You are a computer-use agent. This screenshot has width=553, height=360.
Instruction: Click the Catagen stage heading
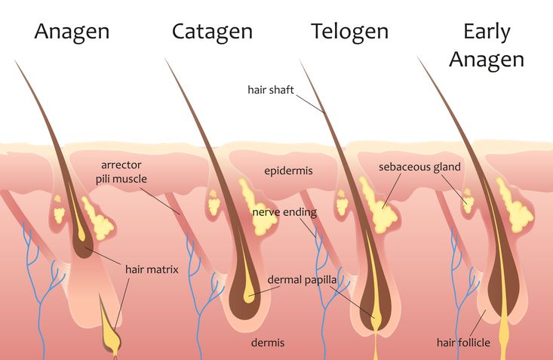(x=212, y=32)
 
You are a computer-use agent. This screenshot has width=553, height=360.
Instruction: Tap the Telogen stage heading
(x=350, y=32)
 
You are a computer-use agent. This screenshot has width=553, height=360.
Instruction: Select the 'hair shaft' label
(x=271, y=90)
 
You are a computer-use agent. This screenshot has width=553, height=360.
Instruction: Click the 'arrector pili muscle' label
(x=121, y=172)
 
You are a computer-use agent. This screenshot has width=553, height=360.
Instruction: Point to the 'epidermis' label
(x=288, y=171)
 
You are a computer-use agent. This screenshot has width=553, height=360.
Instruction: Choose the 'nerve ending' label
(x=284, y=212)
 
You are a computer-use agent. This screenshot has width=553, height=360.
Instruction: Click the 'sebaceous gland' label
(x=419, y=167)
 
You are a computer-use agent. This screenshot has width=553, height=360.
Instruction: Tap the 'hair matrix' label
(x=152, y=269)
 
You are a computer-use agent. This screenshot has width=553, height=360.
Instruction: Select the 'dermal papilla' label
(x=302, y=280)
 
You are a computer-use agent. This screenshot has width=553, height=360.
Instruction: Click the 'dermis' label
(x=268, y=343)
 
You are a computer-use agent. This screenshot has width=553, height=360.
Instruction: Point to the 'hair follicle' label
(x=463, y=343)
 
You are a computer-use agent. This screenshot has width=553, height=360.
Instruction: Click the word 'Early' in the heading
(x=487, y=32)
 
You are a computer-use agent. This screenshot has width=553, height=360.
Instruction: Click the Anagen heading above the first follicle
(x=72, y=32)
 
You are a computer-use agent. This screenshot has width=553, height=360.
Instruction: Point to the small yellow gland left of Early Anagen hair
(x=468, y=201)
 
